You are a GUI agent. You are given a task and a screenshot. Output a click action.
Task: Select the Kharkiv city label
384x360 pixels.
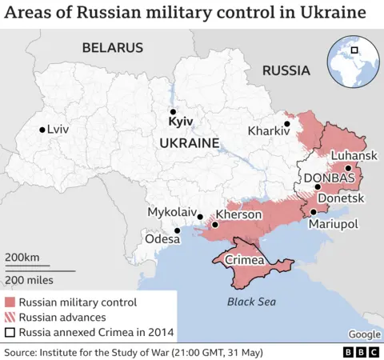point(269,130)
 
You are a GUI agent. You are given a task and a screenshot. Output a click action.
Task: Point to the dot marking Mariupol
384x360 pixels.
point(314,212)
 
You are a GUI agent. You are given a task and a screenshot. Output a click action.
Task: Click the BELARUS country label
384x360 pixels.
point(112,48)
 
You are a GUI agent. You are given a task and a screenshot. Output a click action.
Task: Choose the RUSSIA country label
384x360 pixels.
point(286,70)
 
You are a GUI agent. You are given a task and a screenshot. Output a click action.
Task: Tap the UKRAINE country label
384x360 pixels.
point(189,142)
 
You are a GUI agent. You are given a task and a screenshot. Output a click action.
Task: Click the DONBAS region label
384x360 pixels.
point(329,178)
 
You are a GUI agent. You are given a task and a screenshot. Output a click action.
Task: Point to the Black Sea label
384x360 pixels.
point(250,302)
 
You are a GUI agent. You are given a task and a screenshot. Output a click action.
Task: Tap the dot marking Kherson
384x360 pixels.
point(214,226)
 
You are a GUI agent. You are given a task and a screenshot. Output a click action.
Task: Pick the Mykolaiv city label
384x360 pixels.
point(172,212)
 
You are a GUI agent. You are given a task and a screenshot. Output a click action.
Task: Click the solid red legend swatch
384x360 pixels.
point(10,302)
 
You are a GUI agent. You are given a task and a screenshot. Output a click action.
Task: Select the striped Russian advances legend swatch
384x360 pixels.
point(10,318)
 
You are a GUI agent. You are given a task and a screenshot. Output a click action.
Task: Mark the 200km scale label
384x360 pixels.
point(22,257)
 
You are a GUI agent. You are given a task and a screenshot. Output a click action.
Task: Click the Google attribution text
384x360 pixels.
point(364,334)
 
